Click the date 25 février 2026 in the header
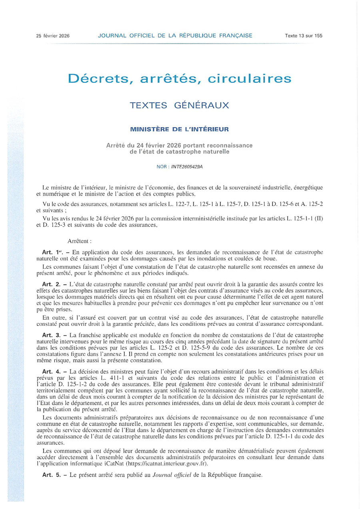click(x=53, y=36)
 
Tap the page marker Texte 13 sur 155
click(x=303, y=36)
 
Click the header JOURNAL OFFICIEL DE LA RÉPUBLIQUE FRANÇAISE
click(x=175, y=36)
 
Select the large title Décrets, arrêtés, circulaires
click(x=180, y=78)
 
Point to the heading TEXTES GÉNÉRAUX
click(x=180, y=106)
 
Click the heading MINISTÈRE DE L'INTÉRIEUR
click(x=180, y=129)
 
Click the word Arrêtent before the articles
click(x=80, y=241)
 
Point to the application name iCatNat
click(x=113, y=464)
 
